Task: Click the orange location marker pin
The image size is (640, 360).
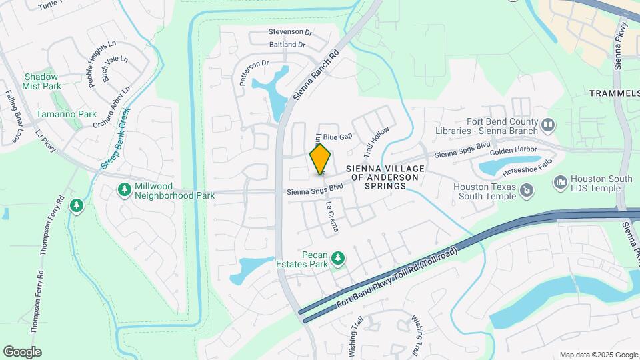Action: click(x=321, y=159)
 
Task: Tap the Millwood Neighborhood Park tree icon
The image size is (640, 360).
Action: click(x=124, y=190)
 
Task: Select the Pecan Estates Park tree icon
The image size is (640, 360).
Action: click(x=338, y=257)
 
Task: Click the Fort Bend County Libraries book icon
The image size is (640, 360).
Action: click(x=547, y=125)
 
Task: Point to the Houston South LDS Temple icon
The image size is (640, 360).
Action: click(x=560, y=181)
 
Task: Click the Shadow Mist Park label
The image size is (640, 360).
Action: click(x=42, y=81)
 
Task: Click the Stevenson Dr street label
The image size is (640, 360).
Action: click(x=290, y=31)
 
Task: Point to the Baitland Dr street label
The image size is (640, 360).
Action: click(x=287, y=45)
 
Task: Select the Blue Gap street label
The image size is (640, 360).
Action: click(x=338, y=137)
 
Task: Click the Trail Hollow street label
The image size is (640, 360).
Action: click(x=375, y=139)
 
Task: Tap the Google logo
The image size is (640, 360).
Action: click(x=22, y=351)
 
